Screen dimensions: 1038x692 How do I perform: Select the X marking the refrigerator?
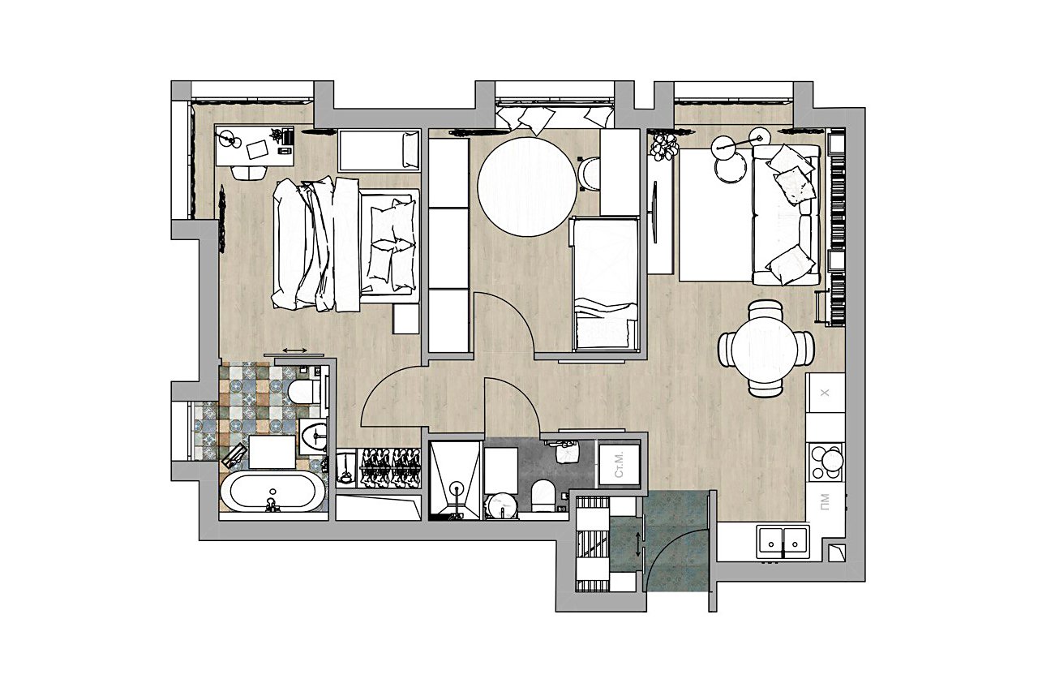tap(825, 393)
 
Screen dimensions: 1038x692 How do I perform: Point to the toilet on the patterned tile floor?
tap(303, 393)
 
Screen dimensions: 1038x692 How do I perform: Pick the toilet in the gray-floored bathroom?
tap(543, 496)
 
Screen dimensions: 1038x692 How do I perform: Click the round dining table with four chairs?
tap(766, 348)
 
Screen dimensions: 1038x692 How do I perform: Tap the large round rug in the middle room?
tap(527, 187)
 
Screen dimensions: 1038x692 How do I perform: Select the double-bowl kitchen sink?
tap(783, 542)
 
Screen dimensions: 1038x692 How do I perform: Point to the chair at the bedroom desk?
tap(249, 173)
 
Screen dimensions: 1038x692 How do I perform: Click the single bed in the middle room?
tap(605, 284)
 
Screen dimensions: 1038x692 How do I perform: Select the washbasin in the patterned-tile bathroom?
tap(313, 436)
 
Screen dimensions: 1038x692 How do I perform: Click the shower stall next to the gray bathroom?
tap(455, 479)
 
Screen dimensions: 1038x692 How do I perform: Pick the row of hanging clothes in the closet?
tap(388, 467)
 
